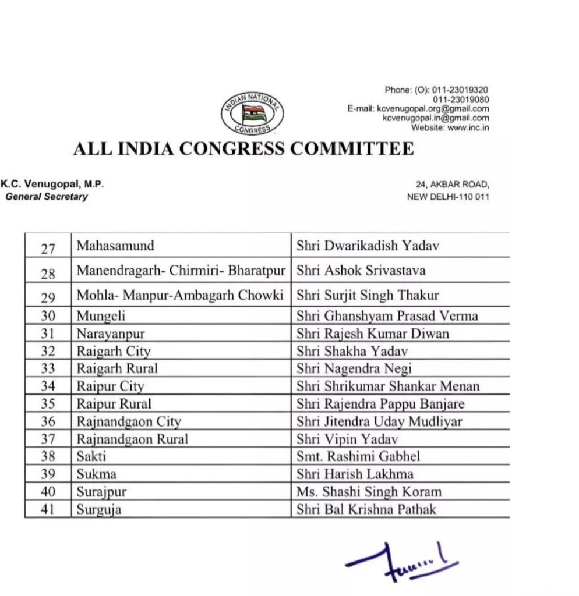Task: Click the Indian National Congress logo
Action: [x=252, y=112]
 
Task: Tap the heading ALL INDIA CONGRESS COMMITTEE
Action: [x=243, y=149]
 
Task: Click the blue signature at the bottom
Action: [x=402, y=562]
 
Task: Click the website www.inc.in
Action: [x=467, y=127]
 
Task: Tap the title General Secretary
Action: [x=47, y=197]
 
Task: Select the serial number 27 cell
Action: [x=48, y=247]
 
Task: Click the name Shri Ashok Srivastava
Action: [x=361, y=271]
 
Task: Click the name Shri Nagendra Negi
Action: [x=354, y=369]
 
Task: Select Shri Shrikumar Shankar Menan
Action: [x=388, y=386]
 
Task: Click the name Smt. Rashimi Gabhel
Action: [x=358, y=457]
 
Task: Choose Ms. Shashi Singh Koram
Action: [x=369, y=492]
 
